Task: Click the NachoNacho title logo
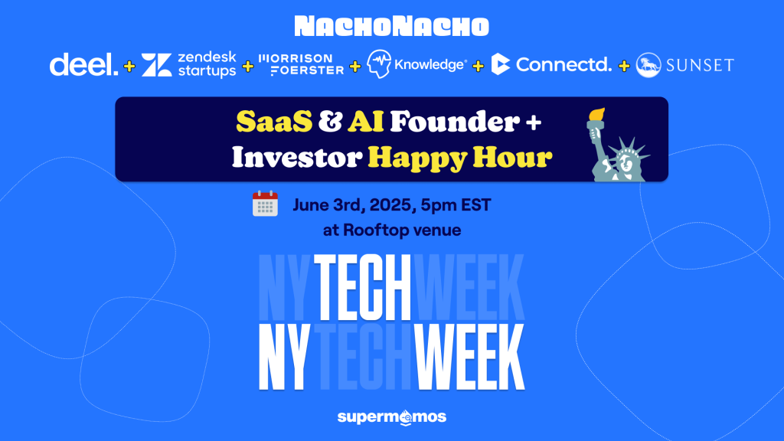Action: click(391, 27)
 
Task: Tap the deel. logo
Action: click(83, 64)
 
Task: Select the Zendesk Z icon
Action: click(156, 65)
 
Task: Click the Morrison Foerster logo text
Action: click(301, 64)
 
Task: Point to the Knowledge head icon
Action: click(379, 64)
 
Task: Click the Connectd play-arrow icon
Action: click(501, 64)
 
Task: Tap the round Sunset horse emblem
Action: click(648, 65)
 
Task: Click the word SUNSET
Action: click(700, 65)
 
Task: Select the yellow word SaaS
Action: click(274, 122)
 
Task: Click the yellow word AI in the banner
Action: click(366, 122)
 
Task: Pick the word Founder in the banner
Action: click(455, 122)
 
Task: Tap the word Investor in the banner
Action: click(296, 158)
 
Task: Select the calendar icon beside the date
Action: click(265, 204)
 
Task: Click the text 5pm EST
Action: click(456, 205)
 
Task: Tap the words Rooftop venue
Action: click(402, 230)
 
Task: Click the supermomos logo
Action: click(391, 417)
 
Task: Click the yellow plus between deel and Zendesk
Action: click(129, 66)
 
